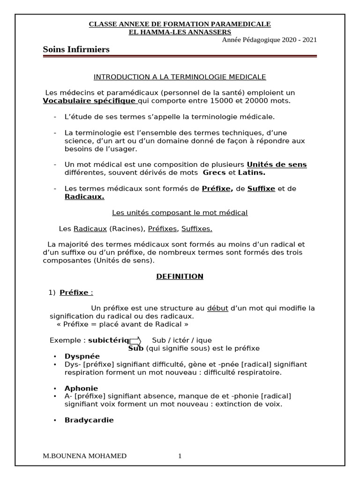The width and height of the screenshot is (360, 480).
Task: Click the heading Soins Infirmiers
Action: (x=76, y=49)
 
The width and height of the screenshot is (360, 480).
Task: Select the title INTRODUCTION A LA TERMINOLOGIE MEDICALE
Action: (x=180, y=76)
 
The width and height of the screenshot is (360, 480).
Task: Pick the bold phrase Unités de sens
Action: (x=277, y=165)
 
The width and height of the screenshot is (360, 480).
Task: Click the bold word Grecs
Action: (x=214, y=172)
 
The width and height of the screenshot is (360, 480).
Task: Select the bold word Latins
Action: (x=251, y=172)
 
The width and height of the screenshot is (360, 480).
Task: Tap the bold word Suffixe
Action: (x=261, y=188)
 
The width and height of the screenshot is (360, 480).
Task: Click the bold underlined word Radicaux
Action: (x=84, y=197)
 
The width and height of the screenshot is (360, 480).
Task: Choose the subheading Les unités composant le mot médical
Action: (x=180, y=213)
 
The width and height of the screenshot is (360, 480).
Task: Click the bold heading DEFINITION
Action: (x=180, y=277)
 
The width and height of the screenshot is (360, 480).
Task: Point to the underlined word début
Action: (x=217, y=308)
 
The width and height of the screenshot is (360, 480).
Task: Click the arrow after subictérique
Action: (x=135, y=340)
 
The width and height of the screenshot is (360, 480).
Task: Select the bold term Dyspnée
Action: (x=82, y=356)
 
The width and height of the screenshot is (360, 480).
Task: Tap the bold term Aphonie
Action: (x=81, y=388)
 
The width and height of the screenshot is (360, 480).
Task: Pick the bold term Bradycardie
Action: (x=89, y=420)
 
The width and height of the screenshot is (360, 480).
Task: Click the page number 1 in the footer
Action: (x=180, y=456)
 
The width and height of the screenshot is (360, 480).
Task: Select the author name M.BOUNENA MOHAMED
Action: (x=84, y=456)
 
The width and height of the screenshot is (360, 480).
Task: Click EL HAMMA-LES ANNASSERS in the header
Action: (x=180, y=32)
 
